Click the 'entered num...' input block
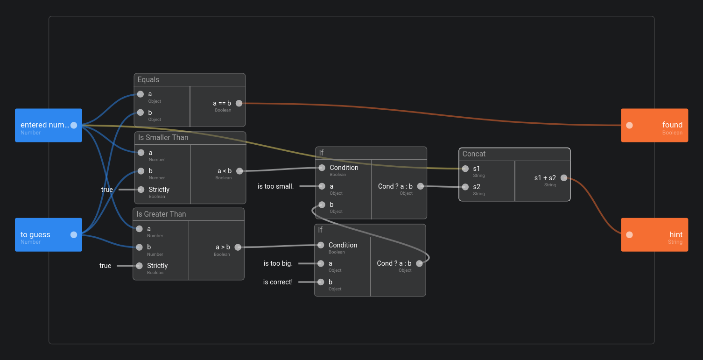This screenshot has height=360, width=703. click(x=45, y=125)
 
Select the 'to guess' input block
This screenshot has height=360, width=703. click(x=42, y=234)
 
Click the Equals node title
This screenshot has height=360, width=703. click(x=148, y=80)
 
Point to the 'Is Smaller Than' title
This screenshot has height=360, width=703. click(x=163, y=138)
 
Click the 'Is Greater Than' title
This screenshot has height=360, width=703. click(x=161, y=214)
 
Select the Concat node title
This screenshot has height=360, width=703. click(x=474, y=154)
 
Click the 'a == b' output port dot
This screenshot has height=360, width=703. click(x=239, y=103)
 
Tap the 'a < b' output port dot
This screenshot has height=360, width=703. click(x=239, y=171)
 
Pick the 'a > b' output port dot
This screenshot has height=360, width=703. click(x=238, y=247)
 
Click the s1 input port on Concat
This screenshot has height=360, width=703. click(x=465, y=169)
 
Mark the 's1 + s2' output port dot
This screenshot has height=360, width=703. click(x=564, y=178)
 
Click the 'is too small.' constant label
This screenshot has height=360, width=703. click(x=275, y=186)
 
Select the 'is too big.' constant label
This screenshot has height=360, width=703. click(x=278, y=263)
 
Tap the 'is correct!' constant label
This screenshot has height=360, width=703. click(x=278, y=282)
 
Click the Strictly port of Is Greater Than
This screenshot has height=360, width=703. click(x=139, y=266)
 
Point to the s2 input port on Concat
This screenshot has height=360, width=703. click(x=465, y=187)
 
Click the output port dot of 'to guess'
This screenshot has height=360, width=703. click(x=74, y=234)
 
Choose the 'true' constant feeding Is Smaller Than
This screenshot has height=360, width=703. click(x=107, y=190)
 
